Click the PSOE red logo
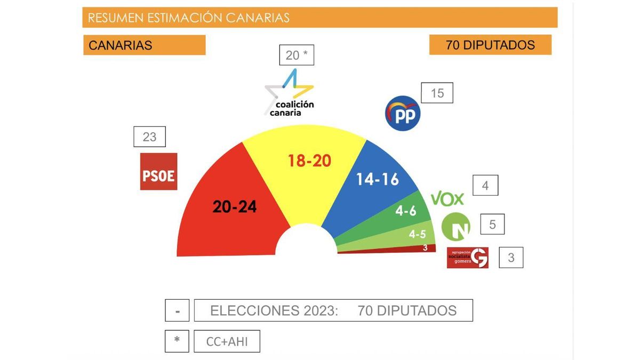click(x=158, y=171)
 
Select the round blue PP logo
click(x=403, y=113)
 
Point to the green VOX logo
click(x=447, y=199)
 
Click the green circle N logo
click(x=456, y=227)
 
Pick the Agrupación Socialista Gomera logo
click(x=467, y=258)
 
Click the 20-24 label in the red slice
click(x=235, y=207)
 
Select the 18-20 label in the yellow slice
click(x=309, y=160)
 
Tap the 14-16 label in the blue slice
click(x=378, y=179)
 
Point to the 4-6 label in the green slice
click(x=405, y=211)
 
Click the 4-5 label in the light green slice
click(x=417, y=234)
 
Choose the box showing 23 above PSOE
click(x=149, y=137)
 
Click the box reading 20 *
click(x=297, y=55)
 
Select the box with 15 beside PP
click(x=437, y=93)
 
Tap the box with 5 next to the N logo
click(x=492, y=225)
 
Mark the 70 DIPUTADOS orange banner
click(x=490, y=45)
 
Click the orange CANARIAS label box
click(x=144, y=45)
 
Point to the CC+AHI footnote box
click(x=227, y=341)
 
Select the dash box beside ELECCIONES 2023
click(x=177, y=310)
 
